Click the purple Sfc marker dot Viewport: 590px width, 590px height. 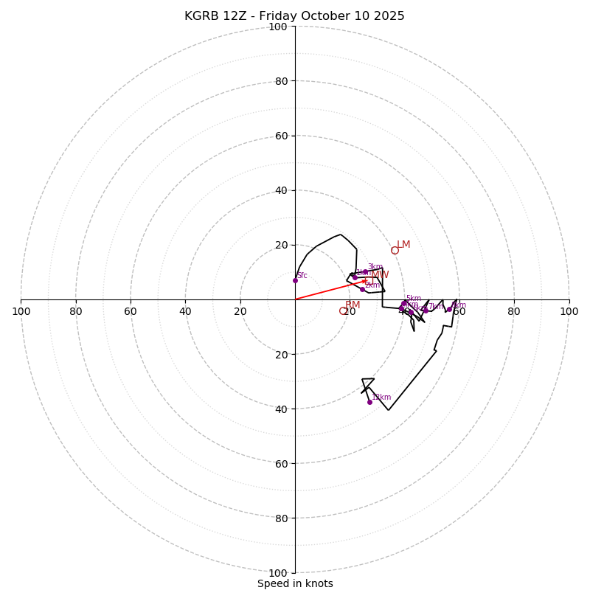(295, 280)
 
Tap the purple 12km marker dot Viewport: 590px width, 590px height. (369, 402)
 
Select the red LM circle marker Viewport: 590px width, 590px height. (395, 250)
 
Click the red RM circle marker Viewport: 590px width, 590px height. (343, 311)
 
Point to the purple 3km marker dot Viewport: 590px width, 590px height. (365, 272)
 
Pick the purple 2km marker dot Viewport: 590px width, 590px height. (362, 289)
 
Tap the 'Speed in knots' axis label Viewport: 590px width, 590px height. (295, 584)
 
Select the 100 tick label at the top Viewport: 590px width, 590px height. (278, 27)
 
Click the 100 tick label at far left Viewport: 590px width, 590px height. (21, 311)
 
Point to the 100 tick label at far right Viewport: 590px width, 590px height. (569, 311)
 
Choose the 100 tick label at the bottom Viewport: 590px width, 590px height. (278, 573)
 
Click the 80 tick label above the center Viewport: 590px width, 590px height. (280, 82)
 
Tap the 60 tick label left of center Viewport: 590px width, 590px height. (131, 311)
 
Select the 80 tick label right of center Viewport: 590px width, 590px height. (514, 311)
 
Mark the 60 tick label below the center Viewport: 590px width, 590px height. (280, 464)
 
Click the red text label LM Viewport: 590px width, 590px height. (403, 245)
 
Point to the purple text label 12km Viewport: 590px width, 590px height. (382, 398)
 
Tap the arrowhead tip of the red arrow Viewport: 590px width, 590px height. (367, 280)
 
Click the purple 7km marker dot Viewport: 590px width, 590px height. (426, 310)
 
